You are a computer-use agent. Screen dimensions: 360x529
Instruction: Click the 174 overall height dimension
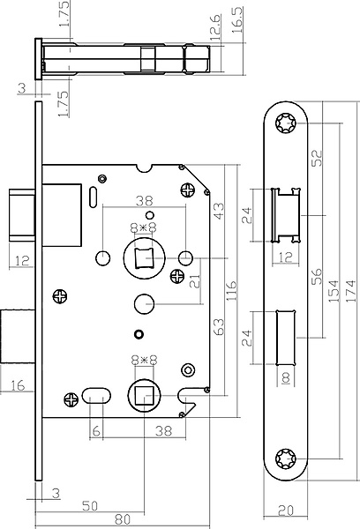(x=351, y=291)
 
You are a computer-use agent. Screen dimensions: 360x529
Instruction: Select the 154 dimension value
(x=333, y=291)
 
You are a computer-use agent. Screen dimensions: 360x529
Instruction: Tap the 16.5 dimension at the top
(x=238, y=20)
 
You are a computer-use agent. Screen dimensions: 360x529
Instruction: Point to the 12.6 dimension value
(x=215, y=25)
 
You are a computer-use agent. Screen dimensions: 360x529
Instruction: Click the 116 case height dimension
(x=231, y=291)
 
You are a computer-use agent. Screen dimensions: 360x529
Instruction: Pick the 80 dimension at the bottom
(x=123, y=519)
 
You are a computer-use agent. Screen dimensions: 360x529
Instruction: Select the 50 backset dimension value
(x=90, y=506)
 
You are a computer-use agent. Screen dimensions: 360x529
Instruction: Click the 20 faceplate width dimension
(x=286, y=510)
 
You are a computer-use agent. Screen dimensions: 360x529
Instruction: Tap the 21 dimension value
(x=195, y=281)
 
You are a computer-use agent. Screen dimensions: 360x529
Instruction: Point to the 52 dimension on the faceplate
(x=317, y=158)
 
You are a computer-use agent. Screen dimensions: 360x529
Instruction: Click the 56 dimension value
(x=317, y=276)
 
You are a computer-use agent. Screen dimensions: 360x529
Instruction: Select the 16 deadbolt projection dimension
(x=18, y=385)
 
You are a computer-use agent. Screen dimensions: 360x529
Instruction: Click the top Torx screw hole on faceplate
(x=286, y=123)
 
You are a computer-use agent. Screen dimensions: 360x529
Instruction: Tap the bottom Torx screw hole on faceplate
(x=286, y=458)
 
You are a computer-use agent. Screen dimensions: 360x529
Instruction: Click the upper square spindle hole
(x=144, y=258)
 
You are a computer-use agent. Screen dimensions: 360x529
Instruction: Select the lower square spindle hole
(x=144, y=396)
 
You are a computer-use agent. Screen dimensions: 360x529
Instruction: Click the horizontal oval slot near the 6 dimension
(x=96, y=396)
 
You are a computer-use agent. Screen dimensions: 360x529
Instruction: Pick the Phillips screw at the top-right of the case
(x=187, y=190)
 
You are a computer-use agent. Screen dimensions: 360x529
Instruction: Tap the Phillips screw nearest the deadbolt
(x=60, y=296)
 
